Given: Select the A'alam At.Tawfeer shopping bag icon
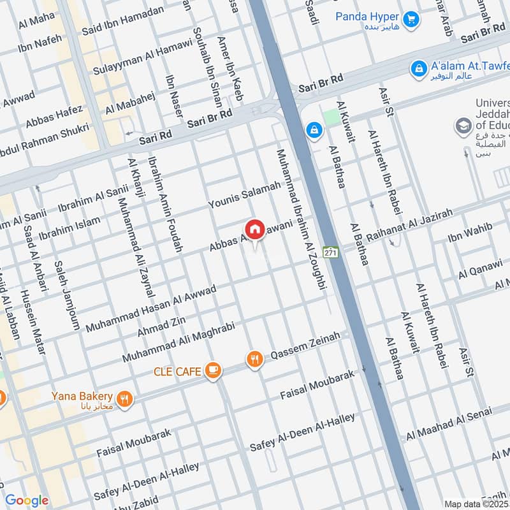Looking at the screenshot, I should click(419, 67).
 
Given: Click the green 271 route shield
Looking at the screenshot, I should click(330, 252).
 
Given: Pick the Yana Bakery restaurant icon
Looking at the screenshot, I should click(125, 399).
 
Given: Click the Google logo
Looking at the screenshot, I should click(26, 500).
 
